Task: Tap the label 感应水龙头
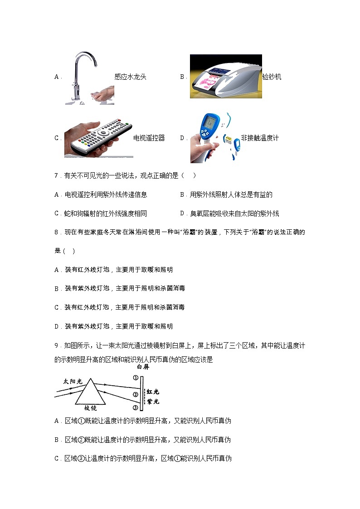tap(130, 77)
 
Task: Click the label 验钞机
tap(272, 77)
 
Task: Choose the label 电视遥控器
tap(149, 138)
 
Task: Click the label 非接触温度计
tap(260, 138)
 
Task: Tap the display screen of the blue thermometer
tap(210, 122)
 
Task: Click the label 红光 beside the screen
tap(153, 392)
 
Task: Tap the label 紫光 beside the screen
tap(153, 402)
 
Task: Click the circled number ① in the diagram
tap(135, 378)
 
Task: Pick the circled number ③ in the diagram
tap(135, 407)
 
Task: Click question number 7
tap(57, 176)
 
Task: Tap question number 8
tap(57, 232)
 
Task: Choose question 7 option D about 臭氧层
tap(229, 213)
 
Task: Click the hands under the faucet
tap(102, 97)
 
